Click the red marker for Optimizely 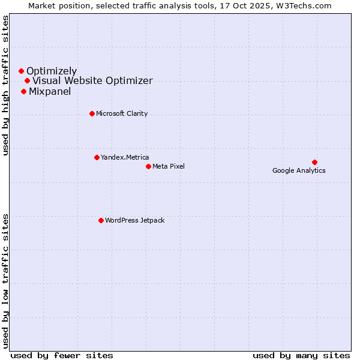(21, 71)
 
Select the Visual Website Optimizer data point (27, 80)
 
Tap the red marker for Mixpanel (23, 91)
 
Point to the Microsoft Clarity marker (92, 113)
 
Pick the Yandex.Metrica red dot (97, 157)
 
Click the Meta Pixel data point (148, 166)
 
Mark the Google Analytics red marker (314, 162)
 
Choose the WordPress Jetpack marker (101, 220)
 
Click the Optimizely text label (52, 71)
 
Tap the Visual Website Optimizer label (92, 81)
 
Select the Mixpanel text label (50, 92)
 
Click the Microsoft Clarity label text (122, 114)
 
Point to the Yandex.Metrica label (125, 158)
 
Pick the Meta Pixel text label (169, 166)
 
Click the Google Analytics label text (299, 171)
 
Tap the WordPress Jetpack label (134, 221)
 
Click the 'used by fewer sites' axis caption (62, 356)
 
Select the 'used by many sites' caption (301, 356)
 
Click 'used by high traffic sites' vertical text (5, 85)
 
